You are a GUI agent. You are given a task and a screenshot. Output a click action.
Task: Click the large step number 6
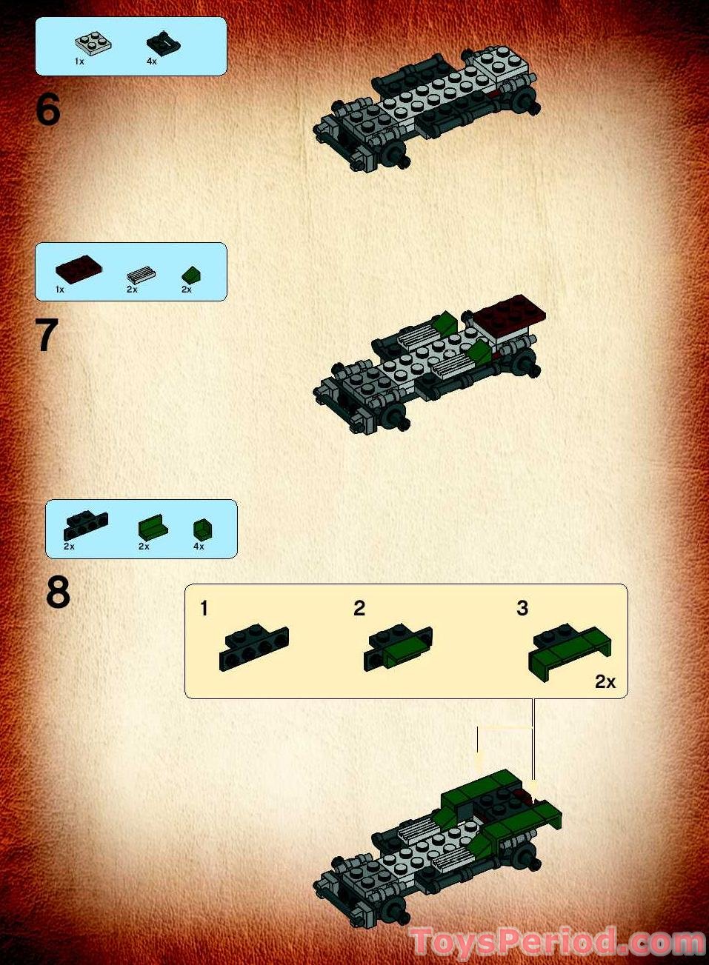coord(48,110)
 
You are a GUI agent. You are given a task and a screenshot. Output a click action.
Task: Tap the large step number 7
coord(47,335)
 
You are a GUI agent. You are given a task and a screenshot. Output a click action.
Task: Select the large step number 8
coord(58,592)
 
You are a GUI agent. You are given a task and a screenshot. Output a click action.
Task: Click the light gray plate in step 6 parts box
coord(93,44)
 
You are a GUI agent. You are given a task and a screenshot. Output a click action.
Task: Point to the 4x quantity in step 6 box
coord(152,61)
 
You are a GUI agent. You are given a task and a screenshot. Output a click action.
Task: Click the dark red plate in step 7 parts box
coord(79,270)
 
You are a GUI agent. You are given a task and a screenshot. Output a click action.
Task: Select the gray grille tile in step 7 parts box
coord(141,275)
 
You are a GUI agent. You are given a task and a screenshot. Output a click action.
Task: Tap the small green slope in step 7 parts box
coord(191,276)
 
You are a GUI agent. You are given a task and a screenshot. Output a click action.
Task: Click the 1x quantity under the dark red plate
coord(60,290)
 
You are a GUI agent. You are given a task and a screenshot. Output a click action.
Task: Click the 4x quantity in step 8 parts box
coord(199,547)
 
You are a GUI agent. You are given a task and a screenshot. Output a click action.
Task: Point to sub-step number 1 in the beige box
coord(204,609)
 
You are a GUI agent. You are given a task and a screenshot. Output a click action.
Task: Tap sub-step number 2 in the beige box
coord(359,609)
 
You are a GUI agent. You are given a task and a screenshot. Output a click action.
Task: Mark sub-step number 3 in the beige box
coord(522,609)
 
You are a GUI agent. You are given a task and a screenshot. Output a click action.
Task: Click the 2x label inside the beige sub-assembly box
coord(605,681)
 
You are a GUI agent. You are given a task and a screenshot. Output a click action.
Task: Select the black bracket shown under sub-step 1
coord(253,648)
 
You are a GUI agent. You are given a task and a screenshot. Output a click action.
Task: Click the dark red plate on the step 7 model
coord(510,311)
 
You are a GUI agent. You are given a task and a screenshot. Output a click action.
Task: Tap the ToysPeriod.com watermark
coord(556,943)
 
